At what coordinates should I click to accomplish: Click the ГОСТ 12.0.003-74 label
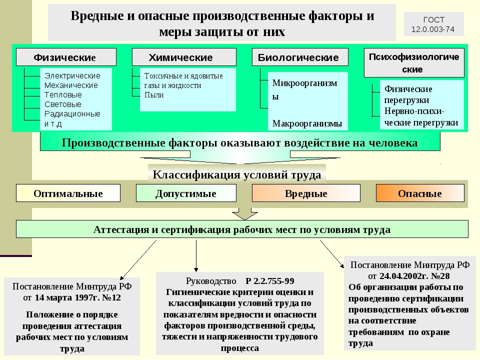pos(433,24)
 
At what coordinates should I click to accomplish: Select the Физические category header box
pos(66,57)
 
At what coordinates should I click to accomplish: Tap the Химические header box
pos(184,57)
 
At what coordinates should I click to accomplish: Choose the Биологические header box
pos(300,57)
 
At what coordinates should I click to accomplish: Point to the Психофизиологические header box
pos(414,63)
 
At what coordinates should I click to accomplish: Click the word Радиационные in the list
pos(72,114)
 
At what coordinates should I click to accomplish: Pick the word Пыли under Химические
pos(154,95)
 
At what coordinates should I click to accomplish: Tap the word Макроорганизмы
pos(307,123)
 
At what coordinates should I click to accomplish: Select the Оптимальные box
pos(68,193)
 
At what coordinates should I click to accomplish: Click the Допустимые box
pos(186,193)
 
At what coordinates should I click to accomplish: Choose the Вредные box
pos(306,193)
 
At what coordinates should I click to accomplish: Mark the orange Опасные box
pos(420,193)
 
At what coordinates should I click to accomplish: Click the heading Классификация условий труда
pos(237,175)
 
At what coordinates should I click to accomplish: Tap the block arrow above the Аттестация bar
pos(244,214)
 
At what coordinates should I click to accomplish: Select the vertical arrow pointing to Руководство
pos(196,256)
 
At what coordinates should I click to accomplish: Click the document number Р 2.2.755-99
pos(269,281)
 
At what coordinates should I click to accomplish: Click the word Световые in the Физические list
pos(63,104)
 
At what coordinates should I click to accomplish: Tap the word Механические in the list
pos(71,85)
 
